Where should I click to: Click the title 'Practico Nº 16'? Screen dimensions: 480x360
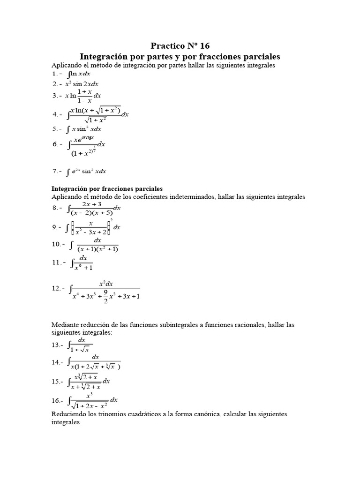pyautogui.click(x=180, y=45)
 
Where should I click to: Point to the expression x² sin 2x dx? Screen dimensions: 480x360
pyautogui.click(x=82, y=84)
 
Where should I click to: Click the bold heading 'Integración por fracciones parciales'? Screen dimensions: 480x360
pyautogui.click(x=106, y=188)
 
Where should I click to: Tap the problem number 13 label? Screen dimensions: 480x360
pyautogui.click(x=57, y=345)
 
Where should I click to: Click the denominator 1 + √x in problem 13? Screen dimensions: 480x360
pyautogui.click(x=82, y=349)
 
